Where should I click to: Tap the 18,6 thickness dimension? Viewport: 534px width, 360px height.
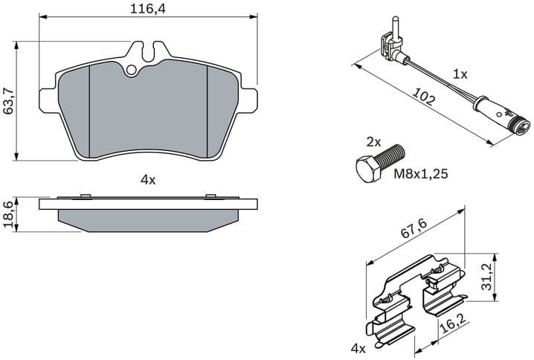coord(10,214)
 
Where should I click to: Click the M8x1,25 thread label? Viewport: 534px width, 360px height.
coord(420,175)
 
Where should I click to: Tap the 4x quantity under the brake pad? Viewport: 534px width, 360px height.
coord(147,179)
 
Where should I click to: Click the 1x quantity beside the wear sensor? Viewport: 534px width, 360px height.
coord(460,74)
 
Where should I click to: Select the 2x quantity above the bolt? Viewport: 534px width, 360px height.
coord(373,141)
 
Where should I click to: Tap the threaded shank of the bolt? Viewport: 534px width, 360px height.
coord(393,155)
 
